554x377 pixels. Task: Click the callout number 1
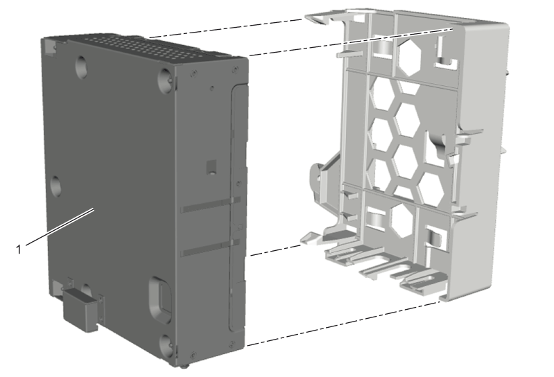tap(19, 249)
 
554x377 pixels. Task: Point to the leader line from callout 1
tap(60, 227)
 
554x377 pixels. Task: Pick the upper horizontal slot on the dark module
tap(211, 205)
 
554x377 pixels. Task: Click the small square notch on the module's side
tap(211, 167)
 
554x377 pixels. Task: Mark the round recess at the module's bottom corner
tap(166, 344)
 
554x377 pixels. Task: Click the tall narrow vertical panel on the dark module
tap(237, 209)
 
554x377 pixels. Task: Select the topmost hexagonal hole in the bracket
tap(410, 56)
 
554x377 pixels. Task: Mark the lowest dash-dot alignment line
tap(343, 324)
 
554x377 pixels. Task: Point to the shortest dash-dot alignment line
tap(275, 250)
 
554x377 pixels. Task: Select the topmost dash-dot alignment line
tap(226, 28)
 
